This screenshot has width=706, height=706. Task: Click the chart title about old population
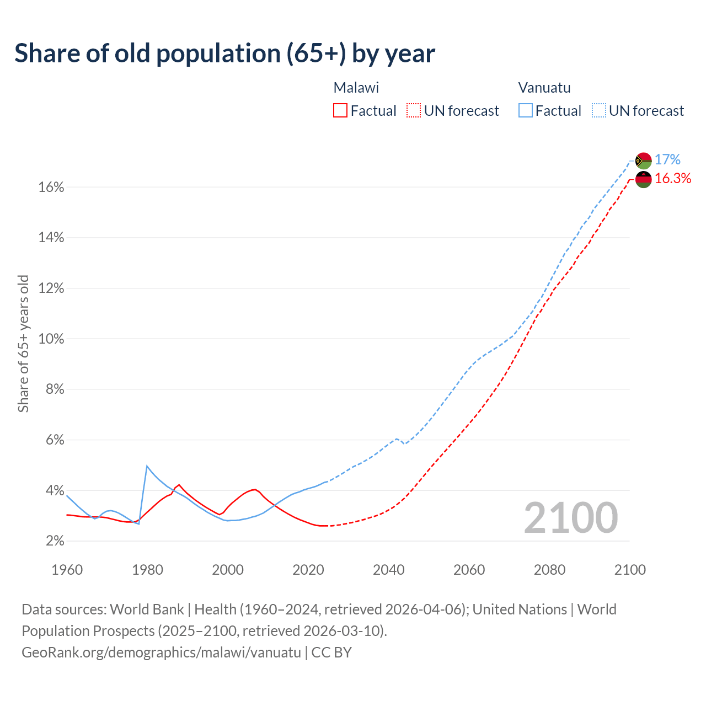[x=224, y=54]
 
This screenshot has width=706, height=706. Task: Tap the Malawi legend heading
[x=356, y=88]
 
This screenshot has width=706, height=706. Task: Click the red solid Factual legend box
[x=340, y=111]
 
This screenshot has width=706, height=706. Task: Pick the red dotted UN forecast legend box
[x=414, y=111]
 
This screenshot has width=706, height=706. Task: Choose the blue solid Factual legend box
[x=525, y=111]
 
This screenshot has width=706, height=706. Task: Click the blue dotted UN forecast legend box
[x=598, y=111]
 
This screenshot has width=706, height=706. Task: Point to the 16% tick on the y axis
[x=51, y=188]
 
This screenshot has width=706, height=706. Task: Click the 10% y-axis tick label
[x=51, y=339]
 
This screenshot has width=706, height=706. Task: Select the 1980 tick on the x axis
[x=147, y=570]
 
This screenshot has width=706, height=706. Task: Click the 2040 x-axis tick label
[x=388, y=570]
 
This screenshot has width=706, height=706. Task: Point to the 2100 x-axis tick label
[x=629, y=570]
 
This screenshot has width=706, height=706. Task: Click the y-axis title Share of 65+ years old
[x=23, y=344]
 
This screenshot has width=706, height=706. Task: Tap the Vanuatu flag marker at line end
[x=643, y=161]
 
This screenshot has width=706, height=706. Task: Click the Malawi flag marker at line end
[x=643, y=179]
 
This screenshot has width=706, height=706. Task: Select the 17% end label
[x=667, y=160]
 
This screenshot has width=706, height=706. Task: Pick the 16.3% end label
[x=673, y=179]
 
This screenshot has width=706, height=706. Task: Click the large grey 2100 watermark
[x=571, y=518]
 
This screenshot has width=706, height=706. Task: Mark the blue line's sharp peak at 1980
[x=147, y=466]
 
